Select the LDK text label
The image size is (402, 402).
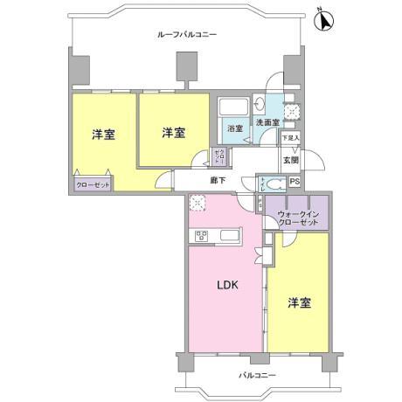point(227,286)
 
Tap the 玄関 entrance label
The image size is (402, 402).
point(291,160)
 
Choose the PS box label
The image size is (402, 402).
point(295,182)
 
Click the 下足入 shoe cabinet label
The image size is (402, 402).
point(291,138)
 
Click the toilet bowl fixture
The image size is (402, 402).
point(274,184)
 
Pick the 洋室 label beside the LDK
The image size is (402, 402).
point(300,303)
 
